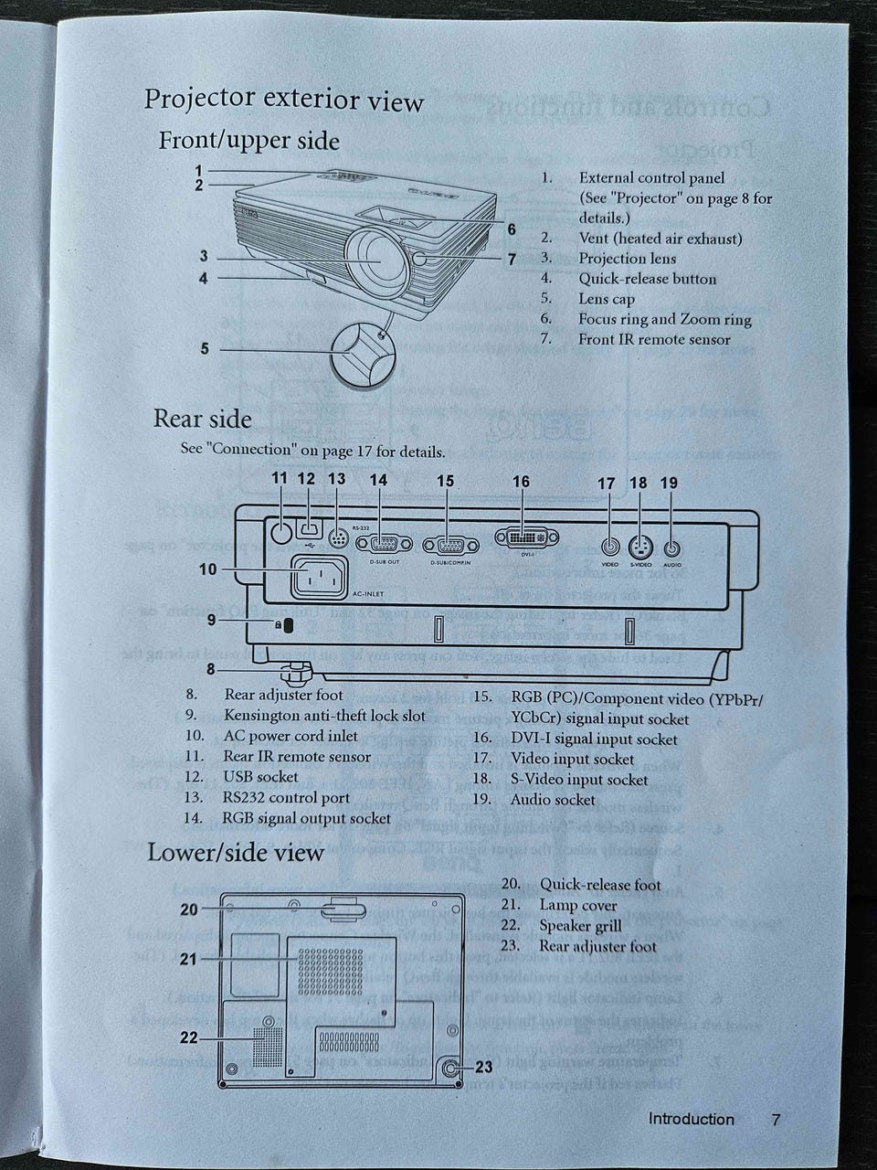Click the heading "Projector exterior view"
coord(283,99)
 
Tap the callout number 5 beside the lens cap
coord(205,348)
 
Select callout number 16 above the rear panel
coord(521,482)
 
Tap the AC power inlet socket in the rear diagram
coord(320,578)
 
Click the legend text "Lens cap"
coord(606,299)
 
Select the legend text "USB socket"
coord(260,777)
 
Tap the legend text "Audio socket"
coord(553,800)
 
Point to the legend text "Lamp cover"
coord(577,906)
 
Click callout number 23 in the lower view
coord(483,1067)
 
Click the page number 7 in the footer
coord(776,1120)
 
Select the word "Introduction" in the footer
coord(691,1120)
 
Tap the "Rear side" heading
coord(202,419)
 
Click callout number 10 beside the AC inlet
coord(208,569)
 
